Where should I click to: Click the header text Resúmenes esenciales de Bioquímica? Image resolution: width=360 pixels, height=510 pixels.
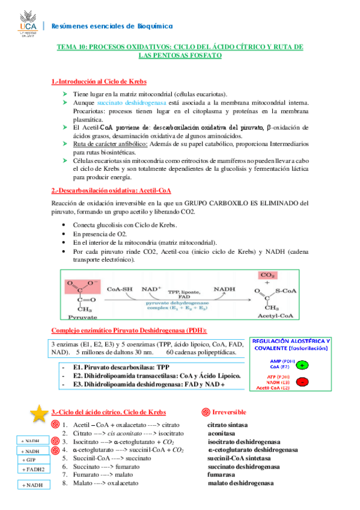pos(112,26)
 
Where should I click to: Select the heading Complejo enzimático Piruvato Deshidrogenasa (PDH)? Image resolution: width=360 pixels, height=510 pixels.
pos(129,330)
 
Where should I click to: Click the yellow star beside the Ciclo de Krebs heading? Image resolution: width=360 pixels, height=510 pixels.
pos(40,413)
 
